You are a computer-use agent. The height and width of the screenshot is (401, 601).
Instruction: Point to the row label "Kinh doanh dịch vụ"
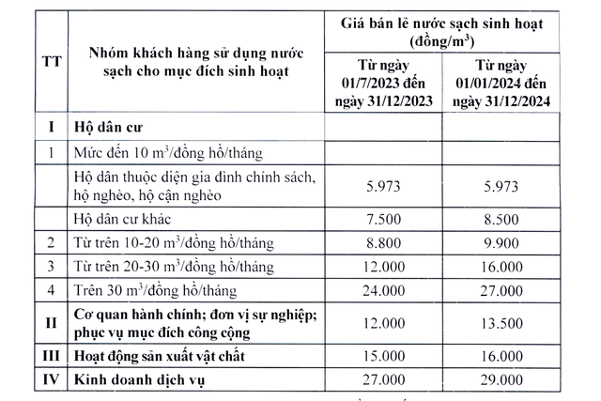138,382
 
